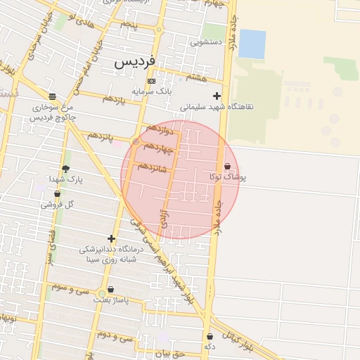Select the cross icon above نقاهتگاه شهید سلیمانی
[x=217, y=96]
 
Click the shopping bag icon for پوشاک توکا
[x=227, y=167]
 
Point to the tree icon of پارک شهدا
[x=66, y=169]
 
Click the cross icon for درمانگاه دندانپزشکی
[x=110, y=239]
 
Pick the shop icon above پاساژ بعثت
[x=110, y=289]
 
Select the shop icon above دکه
[x=210, y=337]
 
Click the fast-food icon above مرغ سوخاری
[x=53, y=96]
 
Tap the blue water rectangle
[x=252, y=44]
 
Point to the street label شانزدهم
[x=153, y=167]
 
